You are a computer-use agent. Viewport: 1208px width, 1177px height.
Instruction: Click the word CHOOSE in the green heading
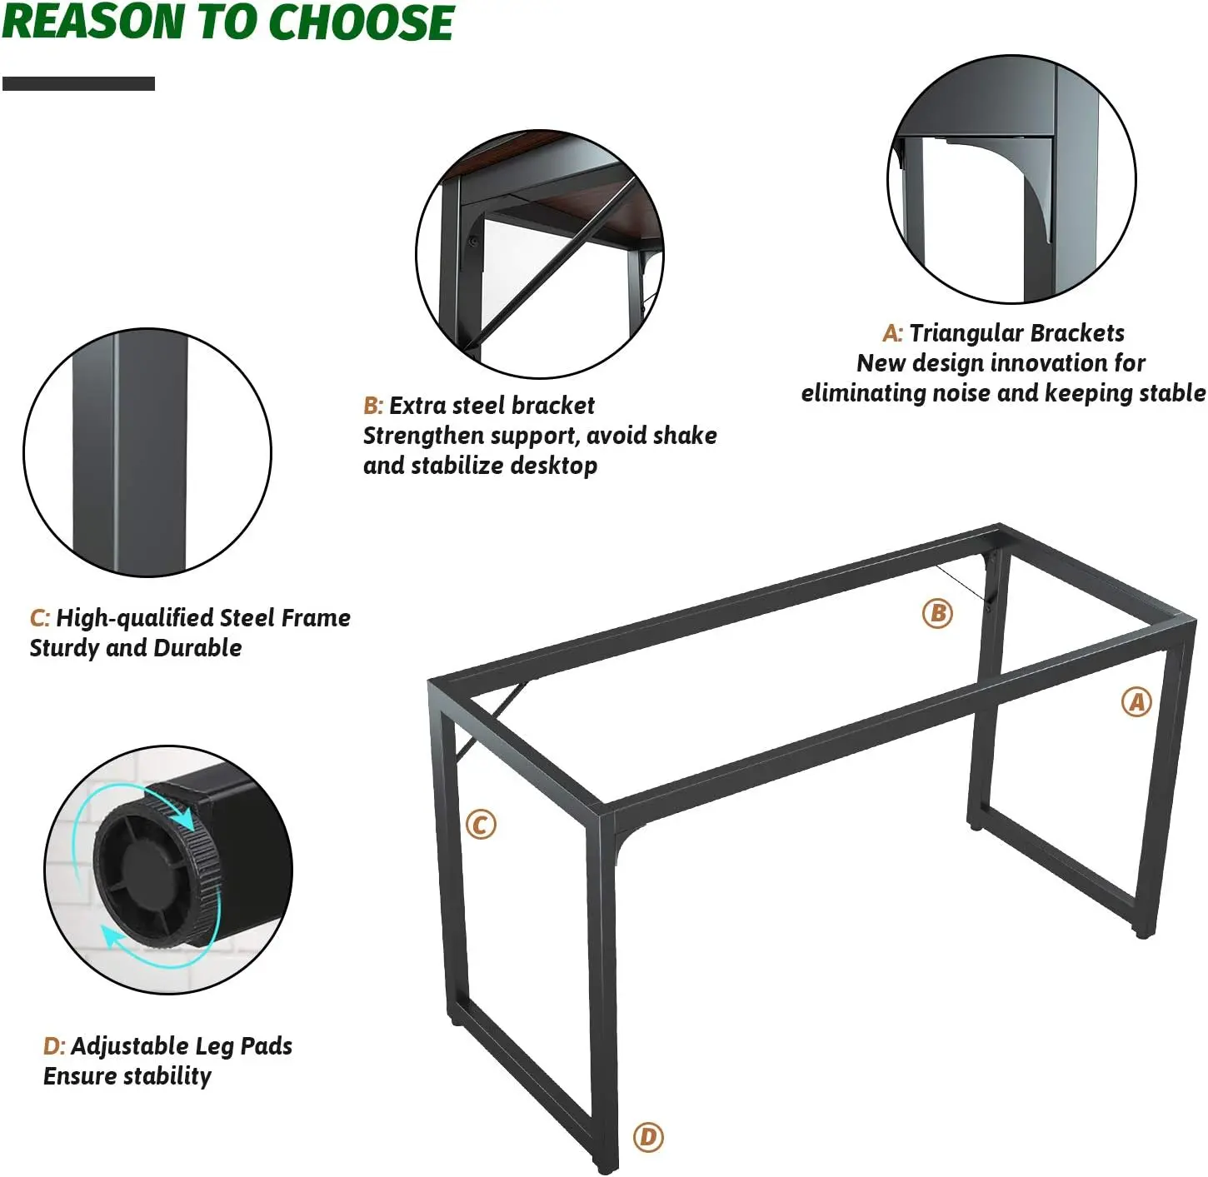click(361, 22)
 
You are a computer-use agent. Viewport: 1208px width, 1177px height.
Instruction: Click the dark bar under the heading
click(78, 84)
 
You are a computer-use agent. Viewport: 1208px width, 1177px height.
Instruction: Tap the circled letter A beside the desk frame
click(1136, 702)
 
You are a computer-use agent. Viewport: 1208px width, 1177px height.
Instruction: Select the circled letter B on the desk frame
click(937, 613)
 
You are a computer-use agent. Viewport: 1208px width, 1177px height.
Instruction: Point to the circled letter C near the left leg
click(481, 825)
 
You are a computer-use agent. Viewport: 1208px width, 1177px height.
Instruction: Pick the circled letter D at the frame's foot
click(648, 1137)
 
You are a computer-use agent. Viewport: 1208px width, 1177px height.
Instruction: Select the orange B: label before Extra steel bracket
click(373, 406)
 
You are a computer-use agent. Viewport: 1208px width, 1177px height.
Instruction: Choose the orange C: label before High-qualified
click(40, 618)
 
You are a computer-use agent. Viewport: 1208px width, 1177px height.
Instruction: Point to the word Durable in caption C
click(197, 647)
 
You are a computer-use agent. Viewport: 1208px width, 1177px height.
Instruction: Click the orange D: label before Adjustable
click(54, 1046)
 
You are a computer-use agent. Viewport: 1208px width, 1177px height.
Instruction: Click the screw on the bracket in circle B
click(473, 240)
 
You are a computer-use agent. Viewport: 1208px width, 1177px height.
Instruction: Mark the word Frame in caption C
click(316, 618)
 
